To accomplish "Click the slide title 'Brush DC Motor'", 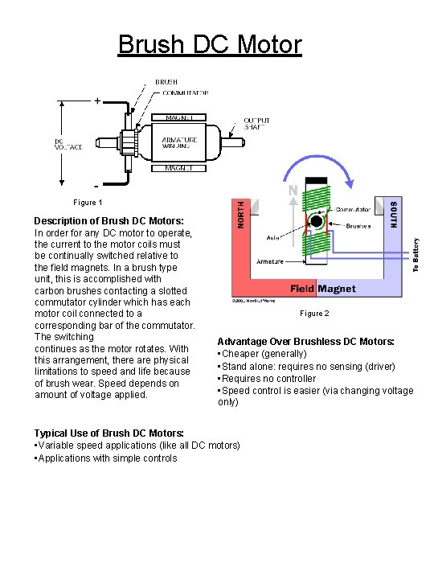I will coord(210,43).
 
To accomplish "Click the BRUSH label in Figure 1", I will coord(166,82).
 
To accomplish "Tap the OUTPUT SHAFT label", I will coord(257,125).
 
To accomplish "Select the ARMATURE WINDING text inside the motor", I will coord(177,142).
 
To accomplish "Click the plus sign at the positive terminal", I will coord(97,101).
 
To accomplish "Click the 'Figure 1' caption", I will coord(88,203).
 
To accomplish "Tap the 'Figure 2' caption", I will coord(314,314).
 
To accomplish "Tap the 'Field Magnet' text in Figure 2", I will coord(323,289).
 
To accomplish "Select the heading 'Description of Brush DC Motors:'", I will coord(108,220).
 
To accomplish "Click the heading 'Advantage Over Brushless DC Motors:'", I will coord(306,342).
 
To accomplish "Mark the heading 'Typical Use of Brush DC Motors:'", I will coord(108,433).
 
